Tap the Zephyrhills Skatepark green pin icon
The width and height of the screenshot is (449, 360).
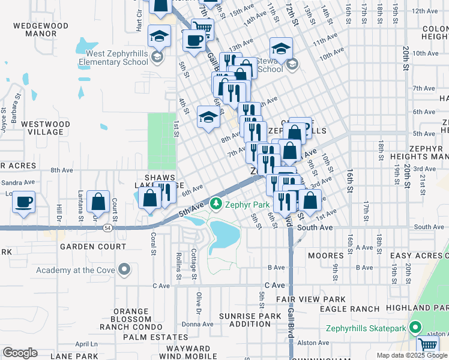[414, 328]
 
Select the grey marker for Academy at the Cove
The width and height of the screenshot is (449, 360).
[124, 269]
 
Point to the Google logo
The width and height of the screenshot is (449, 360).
[20, 353]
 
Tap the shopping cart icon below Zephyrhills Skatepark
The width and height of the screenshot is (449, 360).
[428, 344]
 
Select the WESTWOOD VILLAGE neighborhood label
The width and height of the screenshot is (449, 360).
[46, 128]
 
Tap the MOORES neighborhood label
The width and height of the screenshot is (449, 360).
[325, 256]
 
